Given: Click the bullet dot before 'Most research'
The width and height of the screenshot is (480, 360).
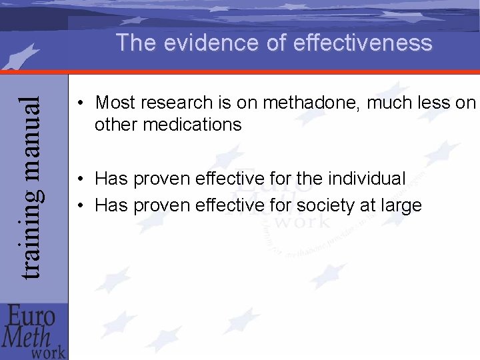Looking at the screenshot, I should (79, 104).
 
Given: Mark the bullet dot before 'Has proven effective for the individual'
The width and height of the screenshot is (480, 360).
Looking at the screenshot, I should (79, 179).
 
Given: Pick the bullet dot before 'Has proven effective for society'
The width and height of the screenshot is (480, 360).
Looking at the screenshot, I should (79, 206).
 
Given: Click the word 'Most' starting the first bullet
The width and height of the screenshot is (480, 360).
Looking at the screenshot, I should (115, 103).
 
